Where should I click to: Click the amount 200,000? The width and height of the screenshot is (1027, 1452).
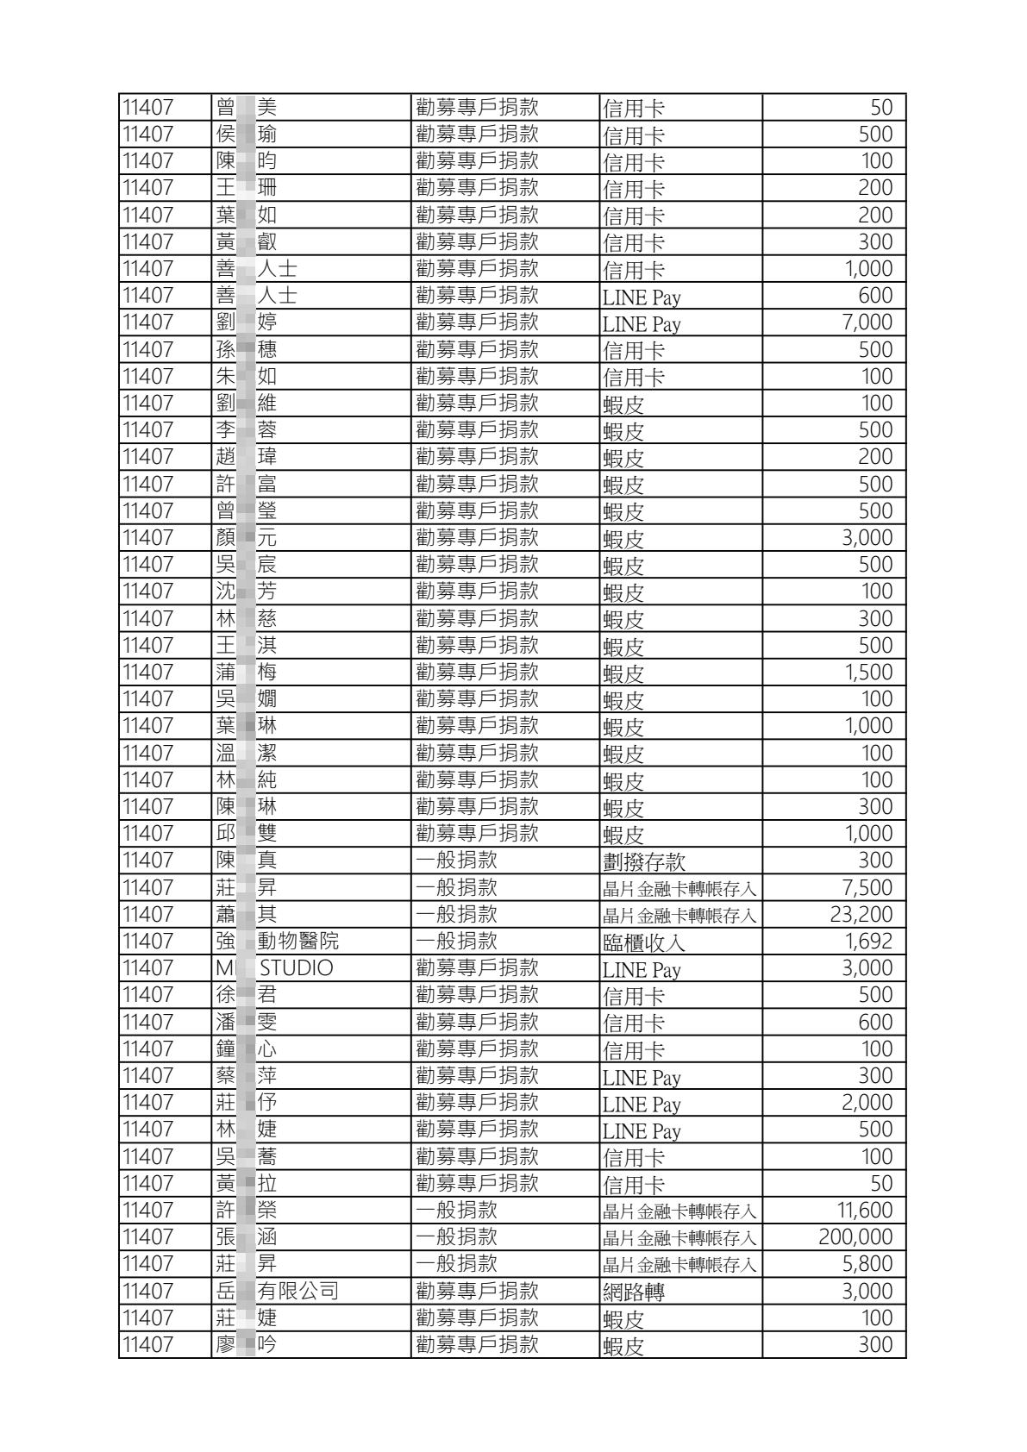[855, 1237]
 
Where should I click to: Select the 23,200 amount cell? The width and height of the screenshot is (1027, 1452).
[861, 914]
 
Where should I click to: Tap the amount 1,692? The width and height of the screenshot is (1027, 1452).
[867, 941]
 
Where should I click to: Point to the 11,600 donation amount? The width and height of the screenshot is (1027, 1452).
[864, 1210]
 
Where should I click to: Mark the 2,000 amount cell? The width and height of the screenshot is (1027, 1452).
[867, 1102]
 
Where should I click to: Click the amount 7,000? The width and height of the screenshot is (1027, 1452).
[867, 322]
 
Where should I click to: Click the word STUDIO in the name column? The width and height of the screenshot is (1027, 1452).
[296, 967]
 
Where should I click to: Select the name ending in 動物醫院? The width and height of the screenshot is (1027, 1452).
[297, 941]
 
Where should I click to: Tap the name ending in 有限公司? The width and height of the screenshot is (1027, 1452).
[297, 1291]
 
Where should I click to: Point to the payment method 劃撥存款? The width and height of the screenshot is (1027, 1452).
[643, 861]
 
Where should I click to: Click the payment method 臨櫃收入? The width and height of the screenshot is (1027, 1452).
[643, 942]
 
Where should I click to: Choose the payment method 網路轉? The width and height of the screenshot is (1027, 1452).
[633, 1292]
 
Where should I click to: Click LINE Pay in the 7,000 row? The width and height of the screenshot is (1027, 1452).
[641, 323]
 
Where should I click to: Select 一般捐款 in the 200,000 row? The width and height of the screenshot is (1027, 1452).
[456, 1237]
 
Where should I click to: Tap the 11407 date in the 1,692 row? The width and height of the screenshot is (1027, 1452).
[147, 941]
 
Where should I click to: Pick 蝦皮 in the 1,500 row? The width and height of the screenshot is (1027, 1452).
[623, 673]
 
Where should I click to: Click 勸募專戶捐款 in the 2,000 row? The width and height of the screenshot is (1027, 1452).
[477, 1102]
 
